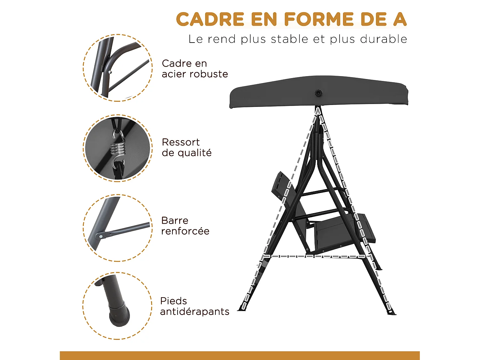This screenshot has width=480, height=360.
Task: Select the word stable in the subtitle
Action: [289, 39]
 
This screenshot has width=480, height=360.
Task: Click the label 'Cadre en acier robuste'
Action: [195, 68]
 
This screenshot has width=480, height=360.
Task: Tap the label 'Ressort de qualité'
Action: [187, 147]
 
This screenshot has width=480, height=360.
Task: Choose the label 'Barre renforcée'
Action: [185, 226]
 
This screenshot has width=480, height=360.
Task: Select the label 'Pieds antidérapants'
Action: [194, 306]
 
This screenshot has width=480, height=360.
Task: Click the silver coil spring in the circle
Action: [117, 148]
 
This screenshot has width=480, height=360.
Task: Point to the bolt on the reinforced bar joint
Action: [101, 236]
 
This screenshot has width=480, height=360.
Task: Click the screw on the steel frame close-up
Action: [110, 72]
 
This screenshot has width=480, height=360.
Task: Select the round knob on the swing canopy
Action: [318, 93]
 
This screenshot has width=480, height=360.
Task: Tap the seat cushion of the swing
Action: [333, 232]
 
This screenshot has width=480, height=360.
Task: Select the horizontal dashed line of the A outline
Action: [315, 256]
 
